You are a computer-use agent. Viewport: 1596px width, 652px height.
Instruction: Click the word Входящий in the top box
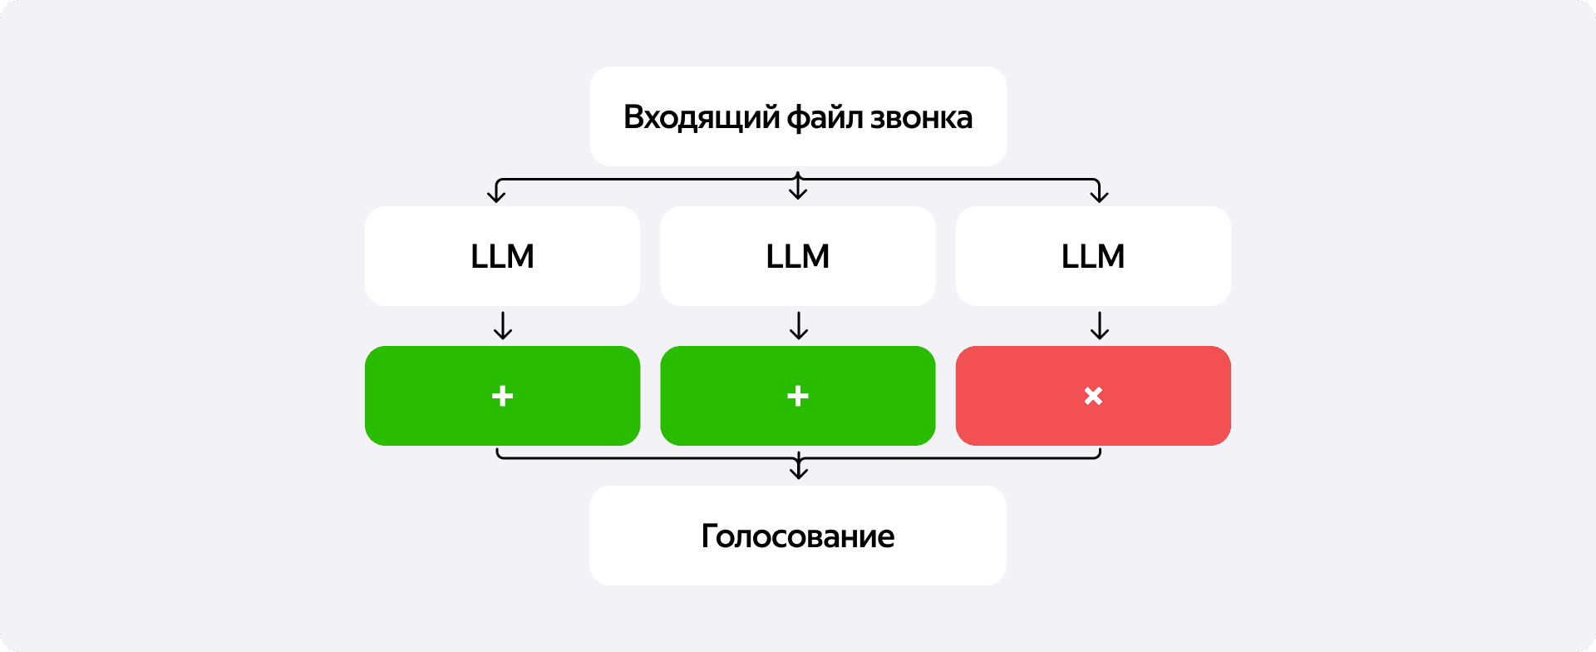click(x=702, y=118)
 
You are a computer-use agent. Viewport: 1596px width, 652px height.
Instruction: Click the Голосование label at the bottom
click(x=798, y=536)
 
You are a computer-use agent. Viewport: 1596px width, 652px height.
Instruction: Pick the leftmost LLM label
click(x=502, y=256)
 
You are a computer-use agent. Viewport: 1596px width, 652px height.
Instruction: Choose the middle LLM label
click(x=798, y=256)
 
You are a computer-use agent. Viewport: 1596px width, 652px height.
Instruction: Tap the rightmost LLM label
click(x=1093, y=256)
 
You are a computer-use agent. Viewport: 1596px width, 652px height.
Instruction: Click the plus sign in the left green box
click(x=502, y=396)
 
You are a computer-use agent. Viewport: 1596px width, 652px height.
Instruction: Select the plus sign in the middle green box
click(x=798, y=396)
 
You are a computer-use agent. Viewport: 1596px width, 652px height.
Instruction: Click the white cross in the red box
click(x=1093, y=396)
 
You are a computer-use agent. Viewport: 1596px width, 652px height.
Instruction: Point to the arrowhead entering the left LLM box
click(x=496, y=195)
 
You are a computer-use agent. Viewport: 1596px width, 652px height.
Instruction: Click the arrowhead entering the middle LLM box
click(x=798, y=193)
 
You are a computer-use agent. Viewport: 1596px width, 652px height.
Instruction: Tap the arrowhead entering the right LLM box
click(x=1099, y=195)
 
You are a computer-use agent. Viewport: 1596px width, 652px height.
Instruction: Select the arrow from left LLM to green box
click(x=502, y=325)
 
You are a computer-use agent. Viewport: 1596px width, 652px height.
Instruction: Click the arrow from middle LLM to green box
click(x=798, y=325)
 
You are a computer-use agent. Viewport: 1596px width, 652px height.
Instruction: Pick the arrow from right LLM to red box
click(x=1099, y=325)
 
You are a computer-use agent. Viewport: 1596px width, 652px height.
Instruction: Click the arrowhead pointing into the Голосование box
click(x=798, y=472)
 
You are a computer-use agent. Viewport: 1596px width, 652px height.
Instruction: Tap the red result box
click(x=1093, y=396)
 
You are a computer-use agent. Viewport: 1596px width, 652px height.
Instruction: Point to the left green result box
click(x=502, y=396)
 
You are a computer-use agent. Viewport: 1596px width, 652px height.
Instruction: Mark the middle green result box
click(x=798, y=396)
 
